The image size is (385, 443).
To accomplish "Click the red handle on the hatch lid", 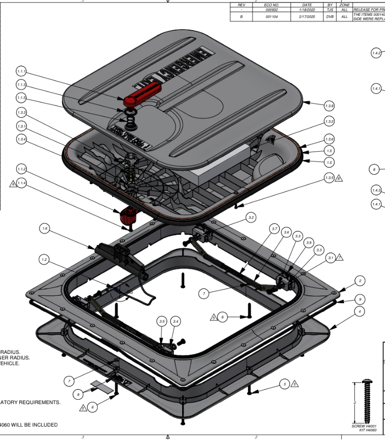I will (x=143, y=94).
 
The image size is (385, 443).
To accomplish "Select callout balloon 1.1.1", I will (x=21, y=71).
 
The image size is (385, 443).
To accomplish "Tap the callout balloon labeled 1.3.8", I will (x=329, y=106).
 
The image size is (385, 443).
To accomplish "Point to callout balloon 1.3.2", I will (x=329, y=121).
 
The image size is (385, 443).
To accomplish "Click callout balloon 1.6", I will (x=45, y=228).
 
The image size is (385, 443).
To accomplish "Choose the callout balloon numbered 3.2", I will (x=251, y=217).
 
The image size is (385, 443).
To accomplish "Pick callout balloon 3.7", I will (x=275, y=229).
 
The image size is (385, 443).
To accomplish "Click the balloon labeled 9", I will (x=360, y=299).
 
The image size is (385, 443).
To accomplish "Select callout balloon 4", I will (x=360, y=311).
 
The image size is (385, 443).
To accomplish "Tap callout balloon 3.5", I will (x=162, y=321).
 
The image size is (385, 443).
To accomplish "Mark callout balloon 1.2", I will (x=45, y=259).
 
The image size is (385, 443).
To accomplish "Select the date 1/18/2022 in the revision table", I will (x=306, y=9).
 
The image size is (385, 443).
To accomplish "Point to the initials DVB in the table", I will (x=330, y=17).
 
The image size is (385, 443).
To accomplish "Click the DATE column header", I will (x=306, y=4).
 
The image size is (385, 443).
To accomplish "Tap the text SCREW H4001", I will (x=364, y=426).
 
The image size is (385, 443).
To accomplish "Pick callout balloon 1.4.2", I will (x=376, y=53).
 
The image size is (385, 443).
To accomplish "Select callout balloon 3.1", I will (x=331, y=257).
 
